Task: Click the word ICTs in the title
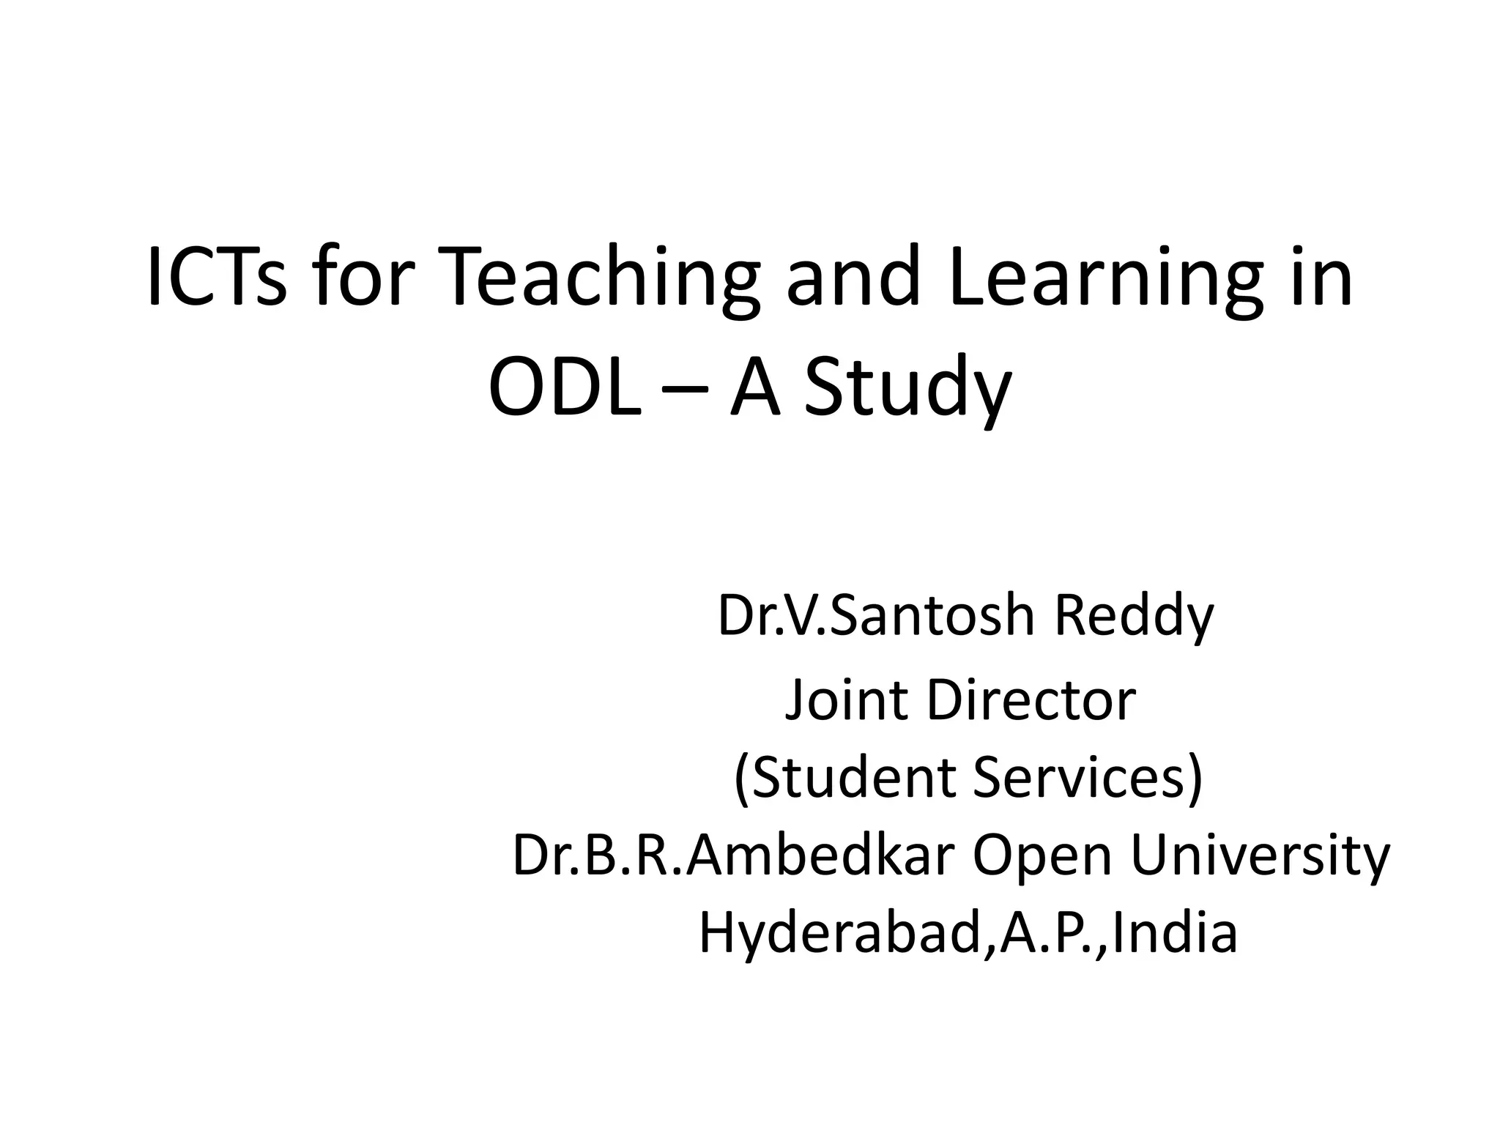pyautogui.click(x=217, y=278)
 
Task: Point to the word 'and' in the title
pyautogui.click(x=853, y=278)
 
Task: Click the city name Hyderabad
pyautogui.click(x=843, y=935)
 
